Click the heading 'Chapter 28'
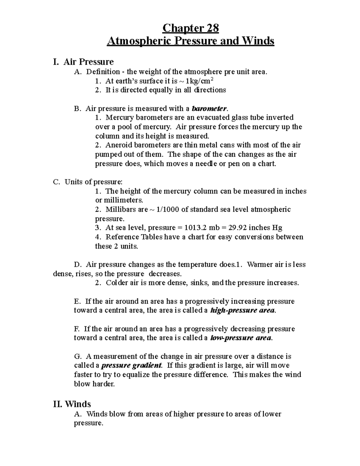(x=190, y=28)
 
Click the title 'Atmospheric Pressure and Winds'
(x=190, y=41)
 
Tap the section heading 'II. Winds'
(x=72, y=404)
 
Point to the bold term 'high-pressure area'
(x=242, y=310)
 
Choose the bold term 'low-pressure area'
(x=241, y=338)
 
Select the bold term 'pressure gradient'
(x=131, y=365)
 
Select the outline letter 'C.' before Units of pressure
(x=57, y=182)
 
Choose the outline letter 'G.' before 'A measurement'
(x=78, y=356)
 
